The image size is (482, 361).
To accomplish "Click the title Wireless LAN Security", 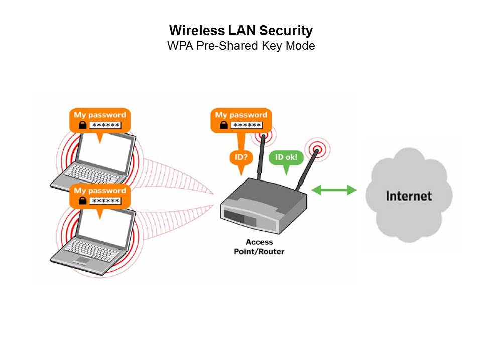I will (241, 31).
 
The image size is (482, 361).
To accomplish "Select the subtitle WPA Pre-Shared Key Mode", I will (241, 46).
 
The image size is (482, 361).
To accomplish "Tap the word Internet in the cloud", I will (409, 195).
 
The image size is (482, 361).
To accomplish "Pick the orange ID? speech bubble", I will (239, 157).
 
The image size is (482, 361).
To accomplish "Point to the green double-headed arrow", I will (334, 190).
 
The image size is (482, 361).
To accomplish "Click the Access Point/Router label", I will (259, 247).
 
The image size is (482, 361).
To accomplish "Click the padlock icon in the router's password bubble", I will (224, 125).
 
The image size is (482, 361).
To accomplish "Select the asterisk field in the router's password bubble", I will (247, 125).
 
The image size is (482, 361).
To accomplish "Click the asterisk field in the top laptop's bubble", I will (105, 125).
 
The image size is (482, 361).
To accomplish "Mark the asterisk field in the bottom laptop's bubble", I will (105, 201).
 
